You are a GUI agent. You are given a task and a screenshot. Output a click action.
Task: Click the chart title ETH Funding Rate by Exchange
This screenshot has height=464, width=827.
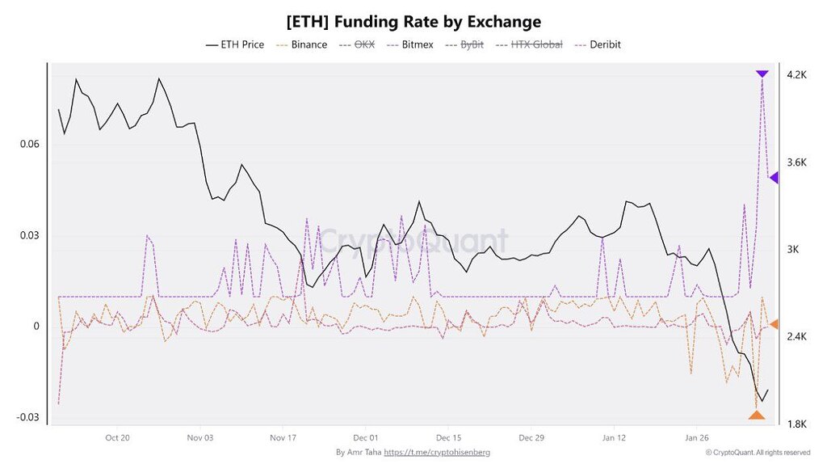tap(413, 21)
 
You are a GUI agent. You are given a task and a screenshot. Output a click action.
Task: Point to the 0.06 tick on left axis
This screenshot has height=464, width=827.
tap(29, 145)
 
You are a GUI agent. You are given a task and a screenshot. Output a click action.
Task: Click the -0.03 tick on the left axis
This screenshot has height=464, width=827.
tap(27, 417)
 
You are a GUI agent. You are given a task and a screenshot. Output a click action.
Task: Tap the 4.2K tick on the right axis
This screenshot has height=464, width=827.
tap(796, 75)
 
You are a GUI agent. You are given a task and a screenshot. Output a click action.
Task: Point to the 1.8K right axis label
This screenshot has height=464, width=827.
tap(796, 424)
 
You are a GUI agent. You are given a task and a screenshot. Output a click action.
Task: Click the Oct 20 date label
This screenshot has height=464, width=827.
tap(117, 438)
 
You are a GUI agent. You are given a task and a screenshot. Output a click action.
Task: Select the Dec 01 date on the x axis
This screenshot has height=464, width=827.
tap(366, 438)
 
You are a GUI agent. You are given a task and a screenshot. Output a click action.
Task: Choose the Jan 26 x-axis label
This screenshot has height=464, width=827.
tap(697, 438)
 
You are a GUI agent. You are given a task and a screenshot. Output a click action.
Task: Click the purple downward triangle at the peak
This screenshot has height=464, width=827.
tap(762, 74)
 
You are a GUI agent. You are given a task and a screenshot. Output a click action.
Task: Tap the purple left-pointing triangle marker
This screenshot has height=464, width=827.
tap(773, 177)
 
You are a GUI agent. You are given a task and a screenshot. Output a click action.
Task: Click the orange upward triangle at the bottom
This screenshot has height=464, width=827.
tap(756, 415)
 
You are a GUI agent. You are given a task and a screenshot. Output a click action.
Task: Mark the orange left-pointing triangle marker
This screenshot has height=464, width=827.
tap(773, 324)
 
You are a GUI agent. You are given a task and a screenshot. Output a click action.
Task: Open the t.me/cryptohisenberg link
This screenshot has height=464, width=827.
tap(436, 453)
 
